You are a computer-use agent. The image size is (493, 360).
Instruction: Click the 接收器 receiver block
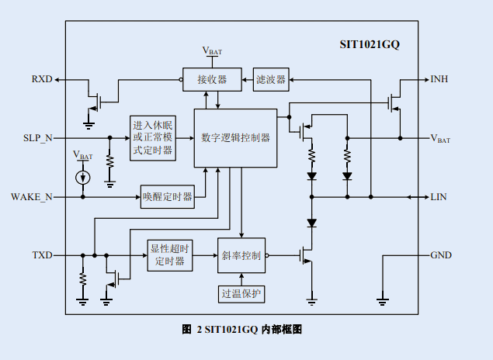point(212,79)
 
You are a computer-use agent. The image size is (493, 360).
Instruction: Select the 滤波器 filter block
point(271,79)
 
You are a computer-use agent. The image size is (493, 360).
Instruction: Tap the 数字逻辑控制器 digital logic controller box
point(235,137)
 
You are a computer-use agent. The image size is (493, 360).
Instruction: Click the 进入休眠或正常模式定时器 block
point(152,137)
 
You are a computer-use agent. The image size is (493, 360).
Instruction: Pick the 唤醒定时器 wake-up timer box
point(167,197)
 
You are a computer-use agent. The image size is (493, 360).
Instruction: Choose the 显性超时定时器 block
point(169,254)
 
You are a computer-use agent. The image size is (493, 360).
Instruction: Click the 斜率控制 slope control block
point(241,255)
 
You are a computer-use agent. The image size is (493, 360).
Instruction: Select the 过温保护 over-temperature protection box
point(241,293)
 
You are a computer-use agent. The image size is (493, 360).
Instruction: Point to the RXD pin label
point(42,79)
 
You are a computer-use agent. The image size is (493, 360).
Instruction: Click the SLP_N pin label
point(38,137)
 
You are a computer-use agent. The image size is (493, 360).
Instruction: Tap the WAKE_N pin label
point(32,197)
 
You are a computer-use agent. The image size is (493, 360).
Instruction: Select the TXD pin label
point(42,255)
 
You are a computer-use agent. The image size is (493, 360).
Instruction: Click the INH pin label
point(439,79)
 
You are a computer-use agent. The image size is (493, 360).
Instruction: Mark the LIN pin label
point(439,197)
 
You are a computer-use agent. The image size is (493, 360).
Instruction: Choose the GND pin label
point(440,255)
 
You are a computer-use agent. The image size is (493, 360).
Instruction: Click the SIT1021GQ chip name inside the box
point(370,45)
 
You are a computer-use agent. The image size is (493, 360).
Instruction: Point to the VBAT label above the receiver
point(212,51)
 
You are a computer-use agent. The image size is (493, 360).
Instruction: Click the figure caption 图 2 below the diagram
point(241,329)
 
